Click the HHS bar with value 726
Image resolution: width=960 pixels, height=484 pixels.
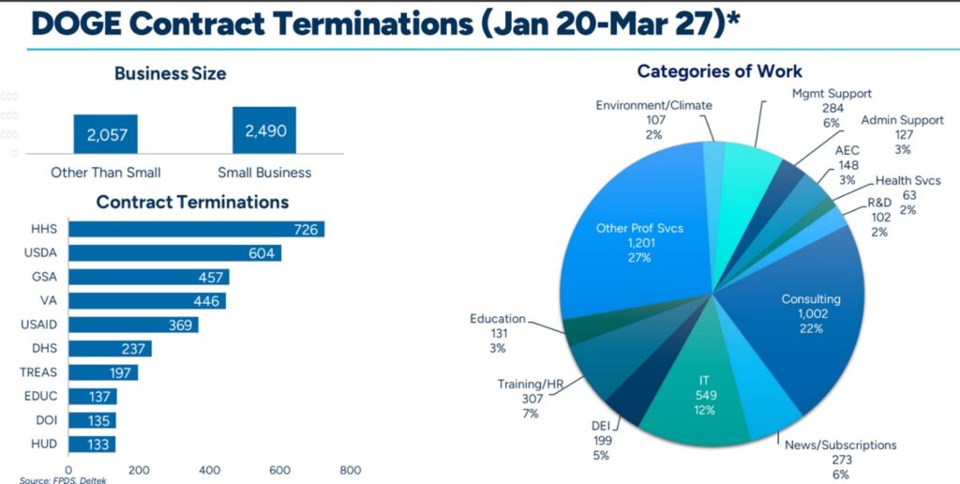pyautogui.click(x=196, y=229)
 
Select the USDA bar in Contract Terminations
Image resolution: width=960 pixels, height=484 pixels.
pyautogui.click(x=174, y=253)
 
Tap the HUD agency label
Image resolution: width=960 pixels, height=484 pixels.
pyautogui.click(x=45, y=444)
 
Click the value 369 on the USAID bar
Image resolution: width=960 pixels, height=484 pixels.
pyautogui.click(x=181, y=325)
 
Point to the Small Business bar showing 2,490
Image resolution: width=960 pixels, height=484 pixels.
pyautogui.click(x=264, y=131)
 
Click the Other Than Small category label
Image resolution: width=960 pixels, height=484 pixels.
pyautogui.click(x=106, y=173)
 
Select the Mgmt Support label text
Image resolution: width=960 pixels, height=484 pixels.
pyautogui.click(x=832, y=94)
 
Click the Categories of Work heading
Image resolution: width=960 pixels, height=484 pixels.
pyautogui.click(x=719, y=71)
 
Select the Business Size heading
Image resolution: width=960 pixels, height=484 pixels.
pyautogui.click(x=170, y=73)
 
